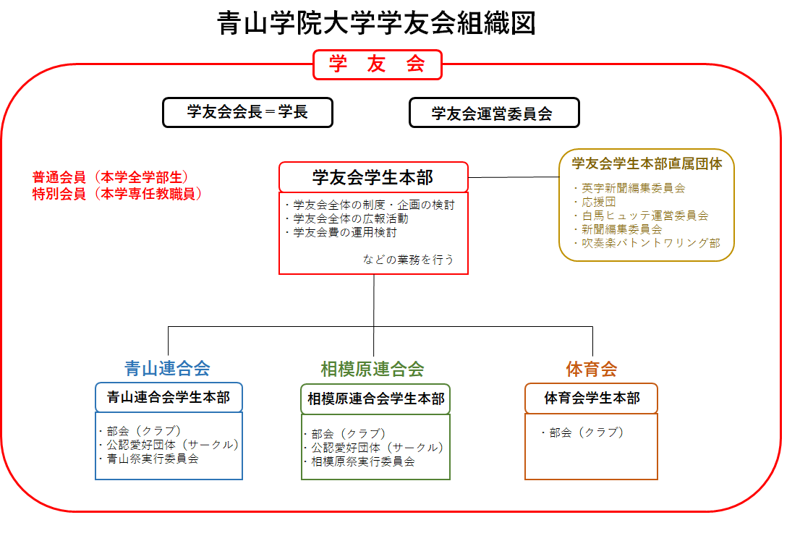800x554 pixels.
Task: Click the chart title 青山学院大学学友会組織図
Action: coord(377,23)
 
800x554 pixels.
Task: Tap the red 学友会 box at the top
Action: coord(377,64)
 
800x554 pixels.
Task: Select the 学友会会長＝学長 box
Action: coord(247,112)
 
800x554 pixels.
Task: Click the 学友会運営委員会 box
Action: coord(494,113)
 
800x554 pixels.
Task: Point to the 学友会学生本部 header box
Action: coord(373,177)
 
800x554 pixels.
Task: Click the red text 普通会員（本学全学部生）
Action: coord(110,177)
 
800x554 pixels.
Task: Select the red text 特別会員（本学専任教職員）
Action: coord(117,194)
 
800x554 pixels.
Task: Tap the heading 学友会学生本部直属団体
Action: coord(647,163)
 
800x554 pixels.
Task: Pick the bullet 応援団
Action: coord(595,202)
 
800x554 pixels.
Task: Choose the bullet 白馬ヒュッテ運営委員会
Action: coord(642,216)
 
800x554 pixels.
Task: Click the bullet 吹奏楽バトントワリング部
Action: coord(647,243)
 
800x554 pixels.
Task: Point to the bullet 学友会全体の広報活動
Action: coord(347,219)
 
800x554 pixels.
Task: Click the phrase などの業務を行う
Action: coord(408,260)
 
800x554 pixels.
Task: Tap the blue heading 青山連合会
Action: coord(167,368)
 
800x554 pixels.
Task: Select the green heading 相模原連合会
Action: coord(373,369)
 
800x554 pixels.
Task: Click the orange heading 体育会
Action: coord(592,369)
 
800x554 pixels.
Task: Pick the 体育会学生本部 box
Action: coord(592,398)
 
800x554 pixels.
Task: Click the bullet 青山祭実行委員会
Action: coord(149,459)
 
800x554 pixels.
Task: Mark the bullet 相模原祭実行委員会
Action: coord(359,461)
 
